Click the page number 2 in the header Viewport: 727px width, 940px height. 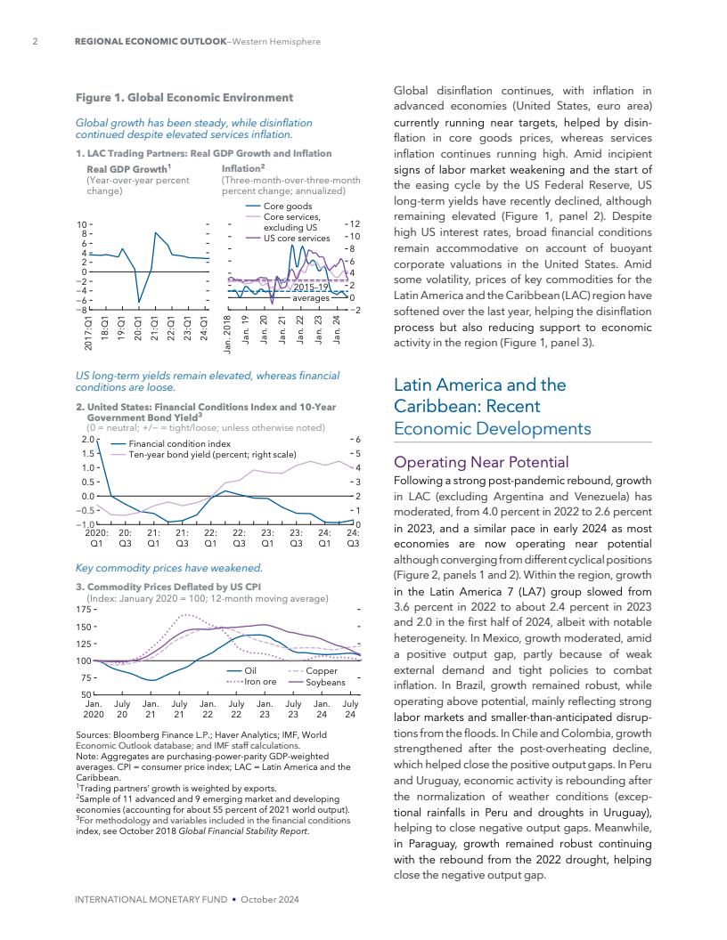tap(34, 41)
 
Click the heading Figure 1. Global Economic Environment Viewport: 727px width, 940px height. tap(184, 97)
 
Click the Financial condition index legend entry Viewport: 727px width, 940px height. tap(179, 443)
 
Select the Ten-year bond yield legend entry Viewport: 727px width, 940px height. tap(212, 454)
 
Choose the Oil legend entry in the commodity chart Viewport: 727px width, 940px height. tap(250, 670)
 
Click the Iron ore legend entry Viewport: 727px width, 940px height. tap(260, 682)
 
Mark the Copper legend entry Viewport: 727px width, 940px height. tap(321, 670)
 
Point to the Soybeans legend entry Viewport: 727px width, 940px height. tap(325, 682)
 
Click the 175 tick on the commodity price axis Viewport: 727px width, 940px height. tap(85, 610)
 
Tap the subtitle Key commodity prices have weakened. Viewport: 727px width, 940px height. tap(169, 567)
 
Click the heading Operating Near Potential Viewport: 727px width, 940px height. tap(480, 463)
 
